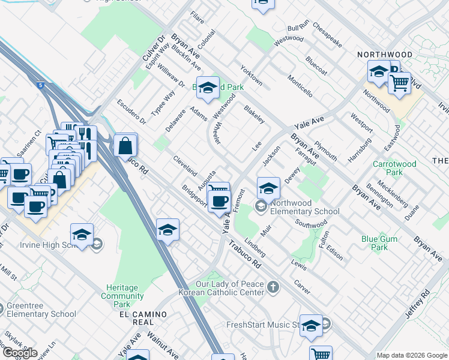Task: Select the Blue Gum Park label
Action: coord(379,243)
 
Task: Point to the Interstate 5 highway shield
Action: coord(40,86)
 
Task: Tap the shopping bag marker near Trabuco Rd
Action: coord(125,146)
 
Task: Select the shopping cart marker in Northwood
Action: coord(399,83)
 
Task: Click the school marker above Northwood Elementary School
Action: coord(268,188)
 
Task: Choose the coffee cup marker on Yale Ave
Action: coord(219,200)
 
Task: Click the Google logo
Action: coord(20,352)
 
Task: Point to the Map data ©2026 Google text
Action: coord(412,355)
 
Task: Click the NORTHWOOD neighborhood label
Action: coord(385,55)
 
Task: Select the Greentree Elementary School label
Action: coord(41,310)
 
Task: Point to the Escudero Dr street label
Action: coord(131,112)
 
